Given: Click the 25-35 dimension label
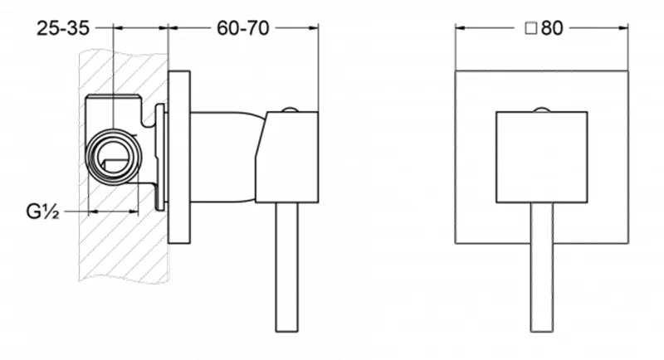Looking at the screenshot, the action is click(x=63, y=28).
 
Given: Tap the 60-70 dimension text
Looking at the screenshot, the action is click(x=243, y=28).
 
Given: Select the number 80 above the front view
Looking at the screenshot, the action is click(x=552, y=28).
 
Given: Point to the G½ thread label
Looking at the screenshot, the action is click(x=42, y=211).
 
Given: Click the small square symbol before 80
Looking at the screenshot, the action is click(x=531, y=29).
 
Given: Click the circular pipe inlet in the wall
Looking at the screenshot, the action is click(x=114, y=157).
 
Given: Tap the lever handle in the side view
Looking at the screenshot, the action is click(x=286, y=267).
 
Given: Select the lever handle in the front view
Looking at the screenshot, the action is click(x=542, y=267).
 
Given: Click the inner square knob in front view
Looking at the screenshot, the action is click(x=542, y=157).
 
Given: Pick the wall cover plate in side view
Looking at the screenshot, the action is click(x=179, y=157).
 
